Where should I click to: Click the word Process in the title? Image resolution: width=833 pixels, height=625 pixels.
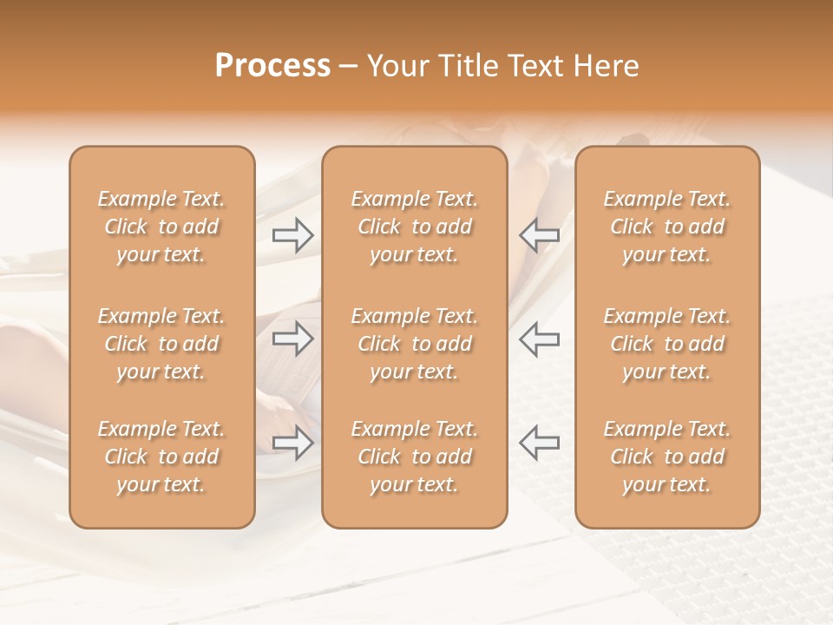click(x=272, y=66)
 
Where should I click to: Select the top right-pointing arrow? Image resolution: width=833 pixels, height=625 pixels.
click(x=293, y=235)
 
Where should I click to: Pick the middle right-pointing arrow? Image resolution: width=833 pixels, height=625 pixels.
click(x=293, y=339)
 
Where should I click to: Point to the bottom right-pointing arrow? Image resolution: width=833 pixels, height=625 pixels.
click(x=293, y=443)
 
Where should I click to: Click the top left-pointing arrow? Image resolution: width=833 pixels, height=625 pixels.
click(x=539, y=235)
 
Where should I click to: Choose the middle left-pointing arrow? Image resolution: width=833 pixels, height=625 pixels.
click(x=539, y=339)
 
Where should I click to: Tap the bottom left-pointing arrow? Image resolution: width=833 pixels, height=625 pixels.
click(x=539, y=443)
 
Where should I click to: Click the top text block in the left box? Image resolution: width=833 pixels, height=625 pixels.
click(x=161, y=227)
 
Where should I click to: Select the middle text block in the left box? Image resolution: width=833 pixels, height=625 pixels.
click(x=161, y=344)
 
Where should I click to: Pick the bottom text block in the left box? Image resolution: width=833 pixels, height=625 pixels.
click(x=161, y=457)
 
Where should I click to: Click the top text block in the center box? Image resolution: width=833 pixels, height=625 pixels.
click(x=414, y=227)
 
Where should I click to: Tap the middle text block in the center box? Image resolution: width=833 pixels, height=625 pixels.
click(x=414, y=344)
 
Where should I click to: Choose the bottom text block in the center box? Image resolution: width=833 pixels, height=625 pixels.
click(x=414, y=457)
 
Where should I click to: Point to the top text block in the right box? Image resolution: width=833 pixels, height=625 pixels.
click(x=666, y=227)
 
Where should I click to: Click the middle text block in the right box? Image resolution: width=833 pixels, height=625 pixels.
click(x=666, y=344)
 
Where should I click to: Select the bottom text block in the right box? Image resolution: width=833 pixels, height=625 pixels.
click(x=666, y=457)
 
